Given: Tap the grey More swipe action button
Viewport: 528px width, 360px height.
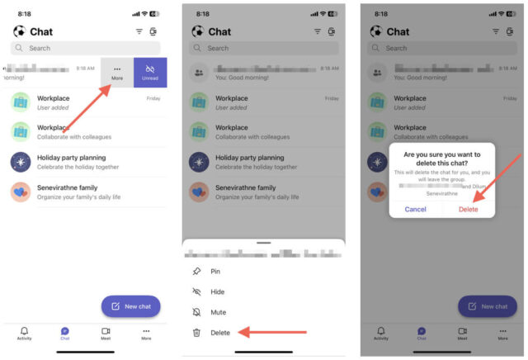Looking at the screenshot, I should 117,73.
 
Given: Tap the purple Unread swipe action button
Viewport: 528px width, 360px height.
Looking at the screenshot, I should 150,73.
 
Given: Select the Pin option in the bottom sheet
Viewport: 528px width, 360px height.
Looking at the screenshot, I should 215,271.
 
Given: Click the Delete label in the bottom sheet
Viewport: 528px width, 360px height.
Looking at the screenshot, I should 220,333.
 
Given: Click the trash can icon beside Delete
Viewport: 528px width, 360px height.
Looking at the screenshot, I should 196,333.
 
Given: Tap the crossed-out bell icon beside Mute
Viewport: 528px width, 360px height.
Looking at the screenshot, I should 196,312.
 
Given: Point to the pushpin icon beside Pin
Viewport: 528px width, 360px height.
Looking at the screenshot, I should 196,271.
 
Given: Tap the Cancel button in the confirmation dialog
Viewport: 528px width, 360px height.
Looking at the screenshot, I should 415,209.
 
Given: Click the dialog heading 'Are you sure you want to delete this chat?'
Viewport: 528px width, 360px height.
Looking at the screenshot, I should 441,159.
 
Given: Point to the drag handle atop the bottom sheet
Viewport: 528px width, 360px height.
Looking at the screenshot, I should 264,243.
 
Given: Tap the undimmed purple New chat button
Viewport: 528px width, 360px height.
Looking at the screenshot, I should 130,306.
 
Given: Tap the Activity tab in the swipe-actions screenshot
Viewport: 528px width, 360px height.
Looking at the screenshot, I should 24,334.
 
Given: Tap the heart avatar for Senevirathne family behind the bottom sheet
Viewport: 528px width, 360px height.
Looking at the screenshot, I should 200,192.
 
